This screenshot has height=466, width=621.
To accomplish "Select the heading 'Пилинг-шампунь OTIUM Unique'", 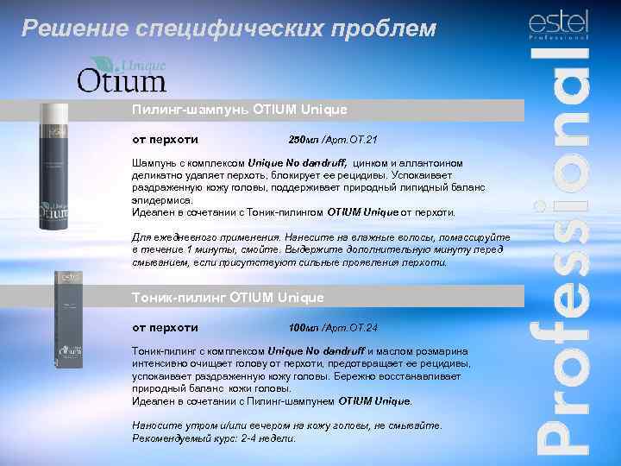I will click(240, 110).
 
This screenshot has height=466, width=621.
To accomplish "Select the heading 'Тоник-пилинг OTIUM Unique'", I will click(228, 297).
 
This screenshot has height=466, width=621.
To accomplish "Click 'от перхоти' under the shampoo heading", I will click(165, 139).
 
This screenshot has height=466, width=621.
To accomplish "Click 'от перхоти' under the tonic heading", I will click(165, 327).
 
